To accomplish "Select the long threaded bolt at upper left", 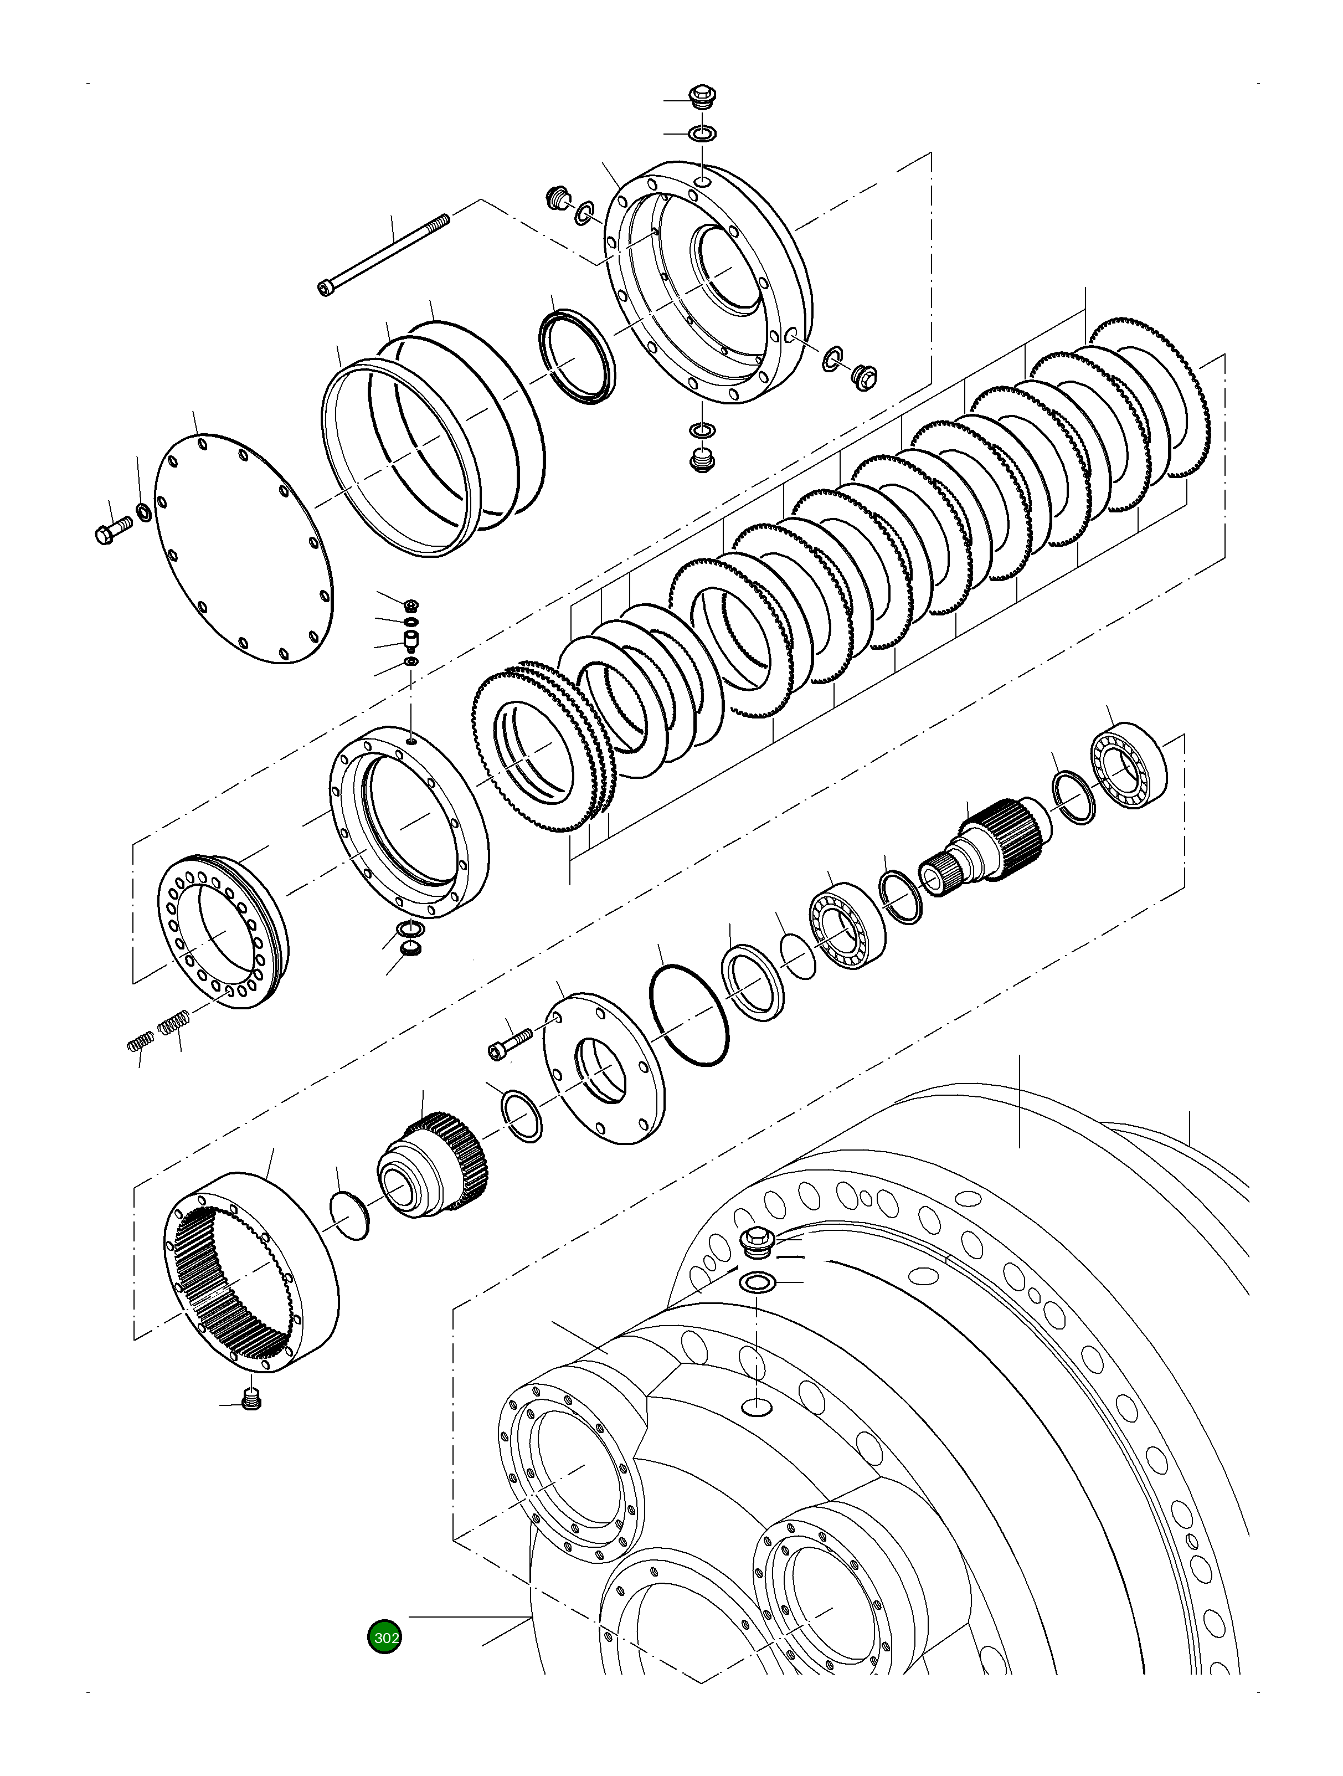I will click(x=385, y=253).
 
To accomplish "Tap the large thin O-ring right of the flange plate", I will click(x=689, y=1015).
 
